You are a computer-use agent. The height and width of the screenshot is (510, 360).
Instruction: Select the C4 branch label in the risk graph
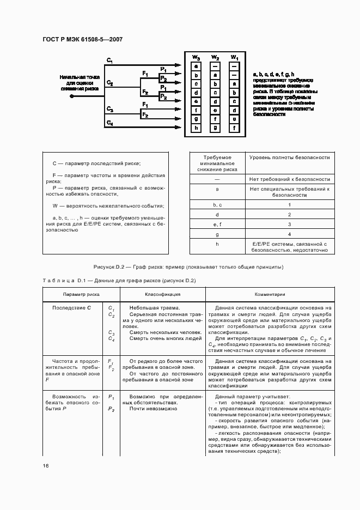[x=110, y=123]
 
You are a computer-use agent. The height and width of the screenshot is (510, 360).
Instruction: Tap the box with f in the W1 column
[x=234, y=128]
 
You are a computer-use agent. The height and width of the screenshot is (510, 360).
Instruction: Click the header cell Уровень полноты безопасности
[x=290, y=157]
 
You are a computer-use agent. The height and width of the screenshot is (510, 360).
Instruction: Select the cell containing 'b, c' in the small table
[x=217, y=204]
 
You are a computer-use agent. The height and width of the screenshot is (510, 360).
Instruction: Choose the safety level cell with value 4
[x=289, y=234]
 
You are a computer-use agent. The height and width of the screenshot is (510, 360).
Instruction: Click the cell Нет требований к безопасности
[x=290, y=179]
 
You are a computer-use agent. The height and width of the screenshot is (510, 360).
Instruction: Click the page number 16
[x=46, y=466]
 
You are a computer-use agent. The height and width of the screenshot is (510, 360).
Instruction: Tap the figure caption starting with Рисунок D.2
[x=188, y=267]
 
